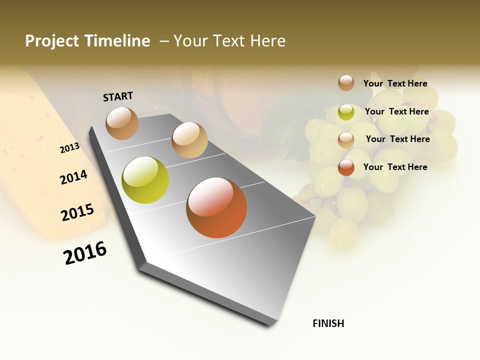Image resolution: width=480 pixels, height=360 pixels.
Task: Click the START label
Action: [x=118, y=96]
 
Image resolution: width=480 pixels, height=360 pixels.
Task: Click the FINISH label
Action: [x=328, y=323]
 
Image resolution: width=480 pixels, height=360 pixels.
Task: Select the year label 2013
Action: [x=69, y=148]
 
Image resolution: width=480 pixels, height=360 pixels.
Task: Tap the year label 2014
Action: [x=73, y=177]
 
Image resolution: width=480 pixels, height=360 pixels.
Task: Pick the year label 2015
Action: [x=77, y=212]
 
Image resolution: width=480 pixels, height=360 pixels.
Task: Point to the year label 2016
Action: [x=85, y=253]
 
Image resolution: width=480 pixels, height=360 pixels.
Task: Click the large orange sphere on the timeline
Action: [x=216, y=207]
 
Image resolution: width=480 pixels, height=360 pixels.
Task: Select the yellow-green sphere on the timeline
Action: [x=145, y=180]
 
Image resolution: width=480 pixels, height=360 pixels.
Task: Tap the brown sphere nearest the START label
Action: [x=122, y=123]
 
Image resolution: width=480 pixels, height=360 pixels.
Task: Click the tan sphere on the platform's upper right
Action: [x=189, y=140]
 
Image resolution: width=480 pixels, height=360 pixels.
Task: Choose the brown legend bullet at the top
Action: [x=346, y=83]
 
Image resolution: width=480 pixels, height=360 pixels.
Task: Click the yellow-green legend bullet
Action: [x=346, y=112]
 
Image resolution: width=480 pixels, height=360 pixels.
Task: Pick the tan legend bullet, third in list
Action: [x=346, y=140]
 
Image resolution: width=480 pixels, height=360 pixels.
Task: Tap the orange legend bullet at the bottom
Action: [x=346, y=167]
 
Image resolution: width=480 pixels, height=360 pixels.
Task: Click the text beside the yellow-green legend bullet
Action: [x=396, y=111]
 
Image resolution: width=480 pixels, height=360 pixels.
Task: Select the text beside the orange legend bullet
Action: [x=395, y=167]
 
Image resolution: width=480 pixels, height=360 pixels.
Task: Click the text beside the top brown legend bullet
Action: [x=395, y=83]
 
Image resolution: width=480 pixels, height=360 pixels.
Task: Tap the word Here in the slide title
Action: [x=268, y=41]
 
